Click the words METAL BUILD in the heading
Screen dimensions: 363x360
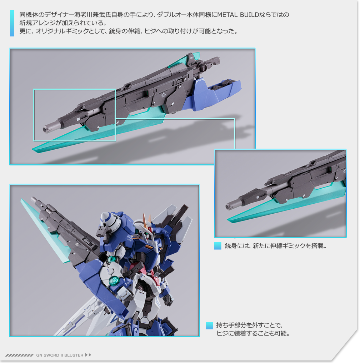237,15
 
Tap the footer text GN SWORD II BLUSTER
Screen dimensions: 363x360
59,355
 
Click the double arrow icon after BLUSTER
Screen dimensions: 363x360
88,355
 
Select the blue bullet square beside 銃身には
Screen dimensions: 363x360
217,246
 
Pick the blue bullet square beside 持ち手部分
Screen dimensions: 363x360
209,325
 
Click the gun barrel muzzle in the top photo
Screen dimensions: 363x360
46,129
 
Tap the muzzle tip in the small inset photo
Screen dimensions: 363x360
229,206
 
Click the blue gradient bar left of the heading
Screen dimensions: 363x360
12,23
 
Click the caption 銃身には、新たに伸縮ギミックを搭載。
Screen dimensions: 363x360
276,246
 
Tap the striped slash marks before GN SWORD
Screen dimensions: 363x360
20,355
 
